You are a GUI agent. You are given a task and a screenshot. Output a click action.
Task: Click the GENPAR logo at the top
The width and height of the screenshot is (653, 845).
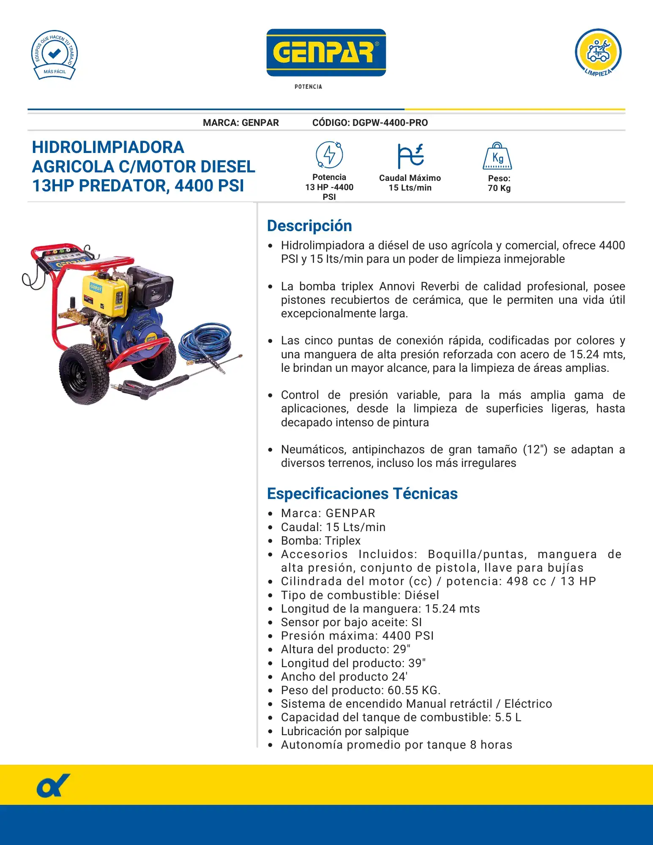(x=326, y=52)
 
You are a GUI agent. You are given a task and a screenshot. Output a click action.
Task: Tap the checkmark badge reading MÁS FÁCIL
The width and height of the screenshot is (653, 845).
(x=55, y=55)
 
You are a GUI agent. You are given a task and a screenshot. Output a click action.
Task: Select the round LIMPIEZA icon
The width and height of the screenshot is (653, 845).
(x=598, y=52)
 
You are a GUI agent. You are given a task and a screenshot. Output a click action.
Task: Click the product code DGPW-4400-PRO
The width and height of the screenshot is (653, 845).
(x=390, y=123)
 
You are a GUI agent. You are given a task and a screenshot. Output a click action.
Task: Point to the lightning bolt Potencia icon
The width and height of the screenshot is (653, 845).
(x=329, y=155)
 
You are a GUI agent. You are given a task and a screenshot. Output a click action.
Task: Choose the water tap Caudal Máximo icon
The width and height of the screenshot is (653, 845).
(x=410, y=155)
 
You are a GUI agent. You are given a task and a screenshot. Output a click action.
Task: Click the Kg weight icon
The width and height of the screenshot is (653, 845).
(x=497, y=156)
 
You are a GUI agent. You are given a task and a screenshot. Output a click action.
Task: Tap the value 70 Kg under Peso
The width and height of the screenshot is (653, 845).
(x=499, y=188)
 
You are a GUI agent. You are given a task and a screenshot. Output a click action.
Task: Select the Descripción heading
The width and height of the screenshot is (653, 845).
(x=309, y=226)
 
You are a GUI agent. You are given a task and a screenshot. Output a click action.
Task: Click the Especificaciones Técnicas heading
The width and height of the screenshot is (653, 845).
(x=362, y=493)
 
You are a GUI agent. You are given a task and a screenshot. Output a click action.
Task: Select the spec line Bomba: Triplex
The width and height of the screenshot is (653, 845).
(x=321, y=541)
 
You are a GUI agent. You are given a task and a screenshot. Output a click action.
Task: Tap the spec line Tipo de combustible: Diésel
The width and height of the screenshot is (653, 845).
(x=360, y=595)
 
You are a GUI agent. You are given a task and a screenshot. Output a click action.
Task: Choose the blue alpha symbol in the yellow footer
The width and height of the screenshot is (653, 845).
(x=53, y=786)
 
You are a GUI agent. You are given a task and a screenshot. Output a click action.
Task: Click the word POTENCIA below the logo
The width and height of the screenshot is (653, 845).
(x=308, y=87)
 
